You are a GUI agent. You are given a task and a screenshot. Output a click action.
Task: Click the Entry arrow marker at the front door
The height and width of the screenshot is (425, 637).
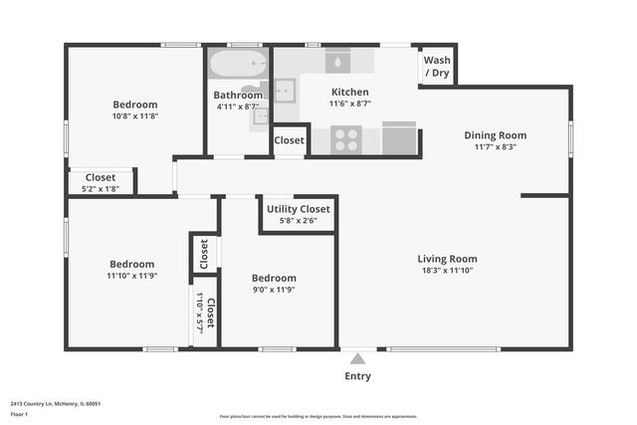[x=358, y=357]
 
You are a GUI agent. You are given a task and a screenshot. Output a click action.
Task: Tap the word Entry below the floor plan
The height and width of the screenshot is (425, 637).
[x=358, y=376]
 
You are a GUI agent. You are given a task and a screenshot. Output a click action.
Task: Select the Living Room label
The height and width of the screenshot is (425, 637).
[x=447, y=259]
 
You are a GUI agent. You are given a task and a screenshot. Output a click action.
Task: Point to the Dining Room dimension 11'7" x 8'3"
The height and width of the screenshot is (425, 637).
[x=495, y=147]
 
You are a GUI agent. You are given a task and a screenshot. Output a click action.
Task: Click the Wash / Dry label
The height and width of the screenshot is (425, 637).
[x=436, y=67]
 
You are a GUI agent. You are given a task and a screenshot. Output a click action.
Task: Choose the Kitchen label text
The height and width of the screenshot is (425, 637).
[x=349, y=92]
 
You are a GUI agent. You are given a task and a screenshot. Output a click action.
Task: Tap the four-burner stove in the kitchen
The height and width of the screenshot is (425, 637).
[x=346, y=139]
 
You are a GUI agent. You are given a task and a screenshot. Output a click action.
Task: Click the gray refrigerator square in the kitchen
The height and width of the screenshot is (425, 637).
[x=399, y=139]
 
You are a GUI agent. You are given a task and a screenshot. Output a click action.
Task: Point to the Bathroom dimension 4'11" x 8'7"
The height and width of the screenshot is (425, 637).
[x=238, y=106]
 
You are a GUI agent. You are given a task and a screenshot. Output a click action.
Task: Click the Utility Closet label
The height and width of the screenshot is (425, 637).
[x=299, y=209]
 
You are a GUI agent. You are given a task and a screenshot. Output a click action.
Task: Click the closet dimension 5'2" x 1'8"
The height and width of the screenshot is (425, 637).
[x=100, y=188]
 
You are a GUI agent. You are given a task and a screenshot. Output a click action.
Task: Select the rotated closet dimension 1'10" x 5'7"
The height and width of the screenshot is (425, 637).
[x=199, y=313]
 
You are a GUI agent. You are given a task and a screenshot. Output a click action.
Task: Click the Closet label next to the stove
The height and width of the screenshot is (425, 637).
[x=290, y=141]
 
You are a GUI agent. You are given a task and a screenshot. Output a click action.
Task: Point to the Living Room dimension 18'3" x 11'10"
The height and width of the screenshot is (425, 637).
[x=447, y=271]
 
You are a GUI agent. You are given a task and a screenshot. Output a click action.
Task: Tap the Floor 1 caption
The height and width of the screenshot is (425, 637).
[x=19, y=413]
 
